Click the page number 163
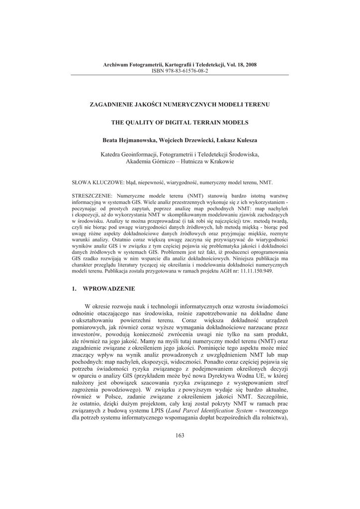pyautogui.click(x=180, y=436)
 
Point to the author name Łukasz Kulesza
pyautogui.click(x=236, y=140)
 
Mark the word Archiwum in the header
pyautogui.click(x=115, y=65)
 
